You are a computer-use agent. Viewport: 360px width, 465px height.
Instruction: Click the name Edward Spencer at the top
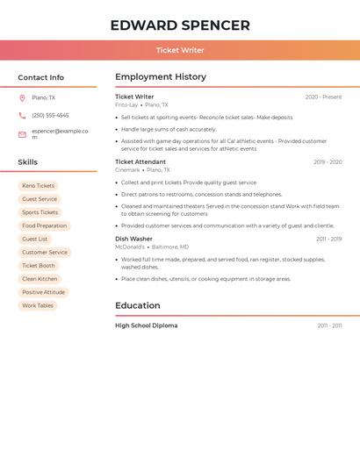(180, 25)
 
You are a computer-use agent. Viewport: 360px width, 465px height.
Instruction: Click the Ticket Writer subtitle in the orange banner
(180, 51)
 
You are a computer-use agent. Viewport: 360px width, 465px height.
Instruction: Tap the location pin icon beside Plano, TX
(22, 97)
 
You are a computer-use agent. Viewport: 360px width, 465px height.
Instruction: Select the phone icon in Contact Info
(22, 115)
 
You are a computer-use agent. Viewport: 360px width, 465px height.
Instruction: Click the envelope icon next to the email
(22, 134)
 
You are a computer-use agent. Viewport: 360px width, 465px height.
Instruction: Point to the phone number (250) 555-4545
(50, 115)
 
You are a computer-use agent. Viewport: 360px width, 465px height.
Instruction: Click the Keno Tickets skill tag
(38, 186)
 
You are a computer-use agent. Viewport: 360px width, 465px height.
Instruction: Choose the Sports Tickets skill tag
(40, 212)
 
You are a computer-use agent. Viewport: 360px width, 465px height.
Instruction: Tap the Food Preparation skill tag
(44, 225)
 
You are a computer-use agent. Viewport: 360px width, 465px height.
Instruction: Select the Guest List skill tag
(34, 239)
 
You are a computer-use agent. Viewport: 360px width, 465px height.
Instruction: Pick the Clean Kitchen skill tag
(40, 279)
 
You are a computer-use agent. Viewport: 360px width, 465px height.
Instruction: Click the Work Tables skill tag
(38, 305)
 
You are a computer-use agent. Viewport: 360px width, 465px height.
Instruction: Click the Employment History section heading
(160, 77)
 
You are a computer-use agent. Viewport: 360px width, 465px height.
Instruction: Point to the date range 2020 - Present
(323, 97)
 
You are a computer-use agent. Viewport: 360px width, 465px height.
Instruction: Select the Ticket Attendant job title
(140, 161)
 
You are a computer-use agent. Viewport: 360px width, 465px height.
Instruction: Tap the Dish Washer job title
(133, 239)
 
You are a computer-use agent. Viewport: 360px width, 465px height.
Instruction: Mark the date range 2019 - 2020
(328, 161)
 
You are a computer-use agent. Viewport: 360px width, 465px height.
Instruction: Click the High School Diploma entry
(146, 325)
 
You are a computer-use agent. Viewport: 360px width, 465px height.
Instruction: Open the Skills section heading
(27, 162)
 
